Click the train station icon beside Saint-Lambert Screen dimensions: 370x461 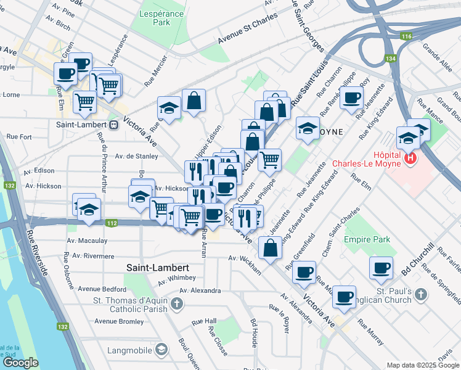pyautogui.click(x=113, y=125)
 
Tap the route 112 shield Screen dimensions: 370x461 pyautogui.click(x=112, y=223)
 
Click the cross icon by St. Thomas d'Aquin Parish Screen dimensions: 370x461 pyautogui.click(x=177, y=303)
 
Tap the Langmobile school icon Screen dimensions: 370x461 pyautogui.click(x=161, y=350)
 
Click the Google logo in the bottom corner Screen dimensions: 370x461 pyautogui.click(x=20, y=363)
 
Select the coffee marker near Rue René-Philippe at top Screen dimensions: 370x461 pyautogui.click(x=352, y=99)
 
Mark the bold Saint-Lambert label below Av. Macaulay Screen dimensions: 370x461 pyautogui.click(x=157, y=268)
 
